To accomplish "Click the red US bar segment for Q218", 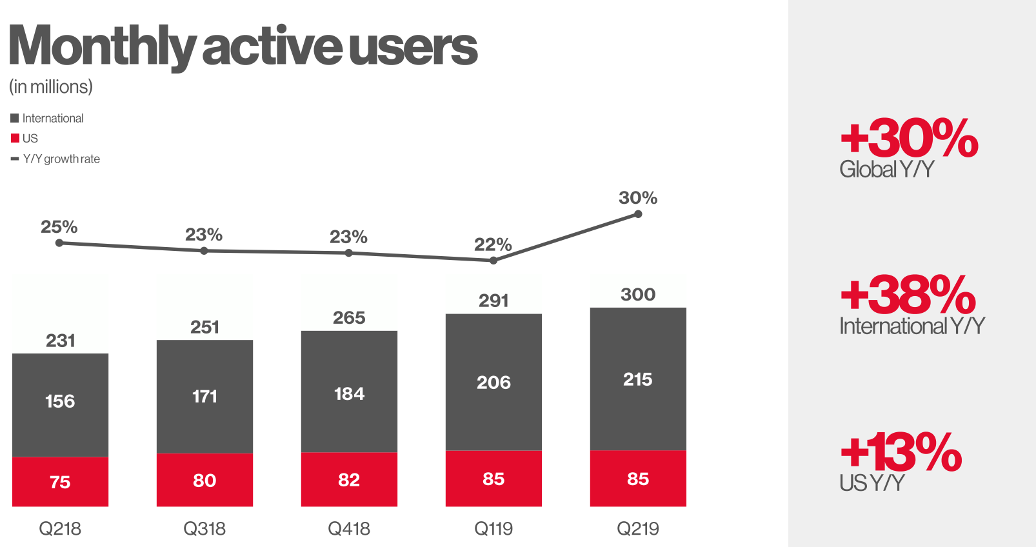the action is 60,481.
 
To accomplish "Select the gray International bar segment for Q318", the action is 205,396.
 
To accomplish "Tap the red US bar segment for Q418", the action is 349,479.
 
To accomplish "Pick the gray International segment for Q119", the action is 493,382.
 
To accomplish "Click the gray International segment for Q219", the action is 638,379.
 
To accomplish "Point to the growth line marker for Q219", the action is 638,214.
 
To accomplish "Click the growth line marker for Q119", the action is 493,261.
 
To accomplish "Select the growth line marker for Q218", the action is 59,243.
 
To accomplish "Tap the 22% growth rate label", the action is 493,244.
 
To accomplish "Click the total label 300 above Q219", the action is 638,294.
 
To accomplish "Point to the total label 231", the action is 60,341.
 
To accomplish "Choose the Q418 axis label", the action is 349,528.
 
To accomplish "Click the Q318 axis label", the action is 204,528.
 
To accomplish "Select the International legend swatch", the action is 15,119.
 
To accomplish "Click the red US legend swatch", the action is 15,138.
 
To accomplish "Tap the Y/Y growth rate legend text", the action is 61,159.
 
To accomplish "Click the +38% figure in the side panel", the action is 908,294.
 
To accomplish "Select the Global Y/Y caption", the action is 886,169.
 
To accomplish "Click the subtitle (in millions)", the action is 51,87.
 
